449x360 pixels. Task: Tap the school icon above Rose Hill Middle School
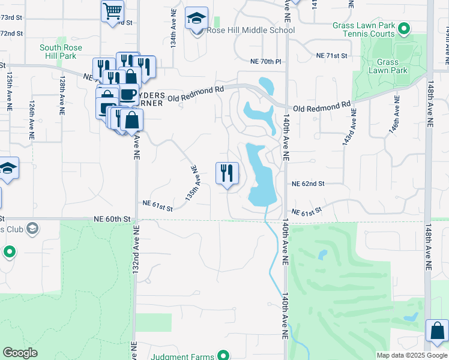(196, 19)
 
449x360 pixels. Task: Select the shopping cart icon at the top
(112, 11)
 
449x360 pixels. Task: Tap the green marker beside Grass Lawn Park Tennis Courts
(404, 28)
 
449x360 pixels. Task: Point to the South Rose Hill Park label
(58, 52)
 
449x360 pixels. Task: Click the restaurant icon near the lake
(227, 173)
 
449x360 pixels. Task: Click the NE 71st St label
(332, 55)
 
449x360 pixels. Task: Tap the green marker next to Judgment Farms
(223, 356)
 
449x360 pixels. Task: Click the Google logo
(20, 353)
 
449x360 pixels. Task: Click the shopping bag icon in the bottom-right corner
(437, 331)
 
